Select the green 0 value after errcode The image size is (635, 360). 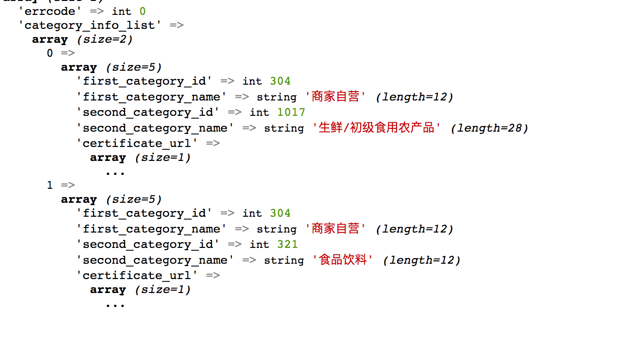pos(142,11)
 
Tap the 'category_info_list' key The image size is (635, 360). pos(90,25)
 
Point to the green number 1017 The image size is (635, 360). pos(291,112)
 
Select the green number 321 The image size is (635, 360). pos(287,244)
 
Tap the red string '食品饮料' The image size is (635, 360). pos(343,260)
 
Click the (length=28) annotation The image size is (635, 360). pos(489,128)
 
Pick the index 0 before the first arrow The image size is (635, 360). pos(50,53)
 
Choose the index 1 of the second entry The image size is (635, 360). pos(50,186)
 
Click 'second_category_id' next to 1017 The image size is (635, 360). pos(148,112)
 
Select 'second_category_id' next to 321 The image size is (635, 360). pos(148,244)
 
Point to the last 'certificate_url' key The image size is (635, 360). pos(137,275)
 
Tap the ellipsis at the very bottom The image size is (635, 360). pos(115,305)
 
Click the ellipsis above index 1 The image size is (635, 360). pos(115,173)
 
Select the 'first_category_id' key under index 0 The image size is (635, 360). pos(144,81)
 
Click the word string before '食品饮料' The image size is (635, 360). pos(284,260)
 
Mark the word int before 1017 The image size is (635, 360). pos(259,112)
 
